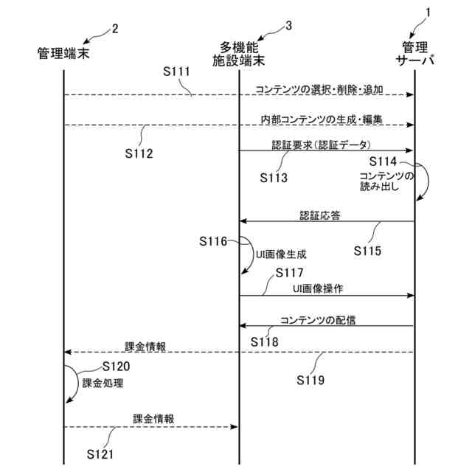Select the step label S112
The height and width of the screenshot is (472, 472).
139,153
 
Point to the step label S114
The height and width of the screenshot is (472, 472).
383,161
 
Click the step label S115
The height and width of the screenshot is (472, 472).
367,251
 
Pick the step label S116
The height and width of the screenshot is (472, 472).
214,240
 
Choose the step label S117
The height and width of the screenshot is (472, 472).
288,273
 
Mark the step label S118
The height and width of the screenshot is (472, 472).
264,341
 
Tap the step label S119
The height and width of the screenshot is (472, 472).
310,381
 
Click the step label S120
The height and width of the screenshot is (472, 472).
117,366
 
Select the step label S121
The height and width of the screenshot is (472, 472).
100,453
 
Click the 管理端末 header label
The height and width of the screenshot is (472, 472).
63,53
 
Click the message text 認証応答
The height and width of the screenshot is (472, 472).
319,215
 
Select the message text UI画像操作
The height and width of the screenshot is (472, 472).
318,288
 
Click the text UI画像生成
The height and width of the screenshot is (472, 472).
281,253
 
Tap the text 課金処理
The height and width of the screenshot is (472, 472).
103,383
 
